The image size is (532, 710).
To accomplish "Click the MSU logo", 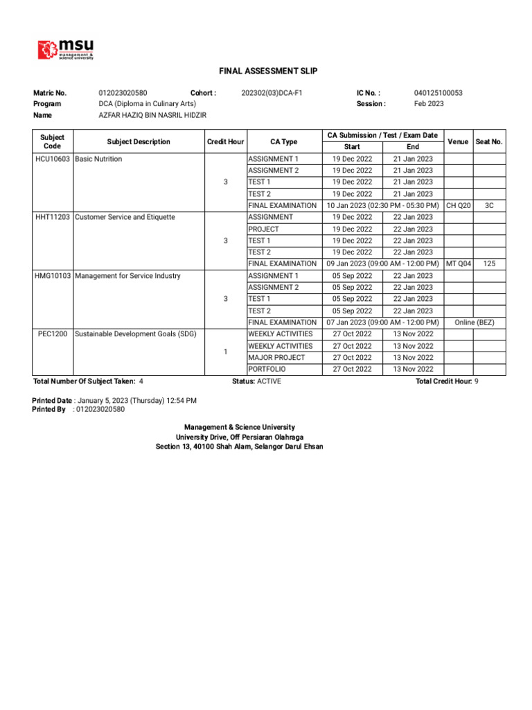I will (x=66, y=49).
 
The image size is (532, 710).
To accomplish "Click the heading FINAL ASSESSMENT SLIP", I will (x=268, y=71).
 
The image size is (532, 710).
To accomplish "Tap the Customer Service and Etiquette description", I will (x=125, y=218).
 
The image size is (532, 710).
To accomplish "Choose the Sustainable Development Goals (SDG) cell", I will (x=136, y=334).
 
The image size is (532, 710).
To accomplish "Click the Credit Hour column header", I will (x=225, y=142).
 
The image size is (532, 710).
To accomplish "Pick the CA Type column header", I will (x=284, y=142).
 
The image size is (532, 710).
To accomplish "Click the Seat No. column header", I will (x=489, y=142).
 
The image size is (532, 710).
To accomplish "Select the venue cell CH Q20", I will (x=459, y=206).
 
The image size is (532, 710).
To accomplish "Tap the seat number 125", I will (x=489, y=264).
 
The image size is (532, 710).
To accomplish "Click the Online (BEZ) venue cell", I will (x=475, y=322).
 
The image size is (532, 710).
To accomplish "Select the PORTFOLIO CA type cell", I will (x=267, y=370).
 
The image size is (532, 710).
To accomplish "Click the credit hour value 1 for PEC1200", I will (x=225, y=352).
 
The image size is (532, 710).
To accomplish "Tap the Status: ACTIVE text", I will (x=256, y=381).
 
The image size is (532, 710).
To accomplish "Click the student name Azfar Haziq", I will (x=152, y=115).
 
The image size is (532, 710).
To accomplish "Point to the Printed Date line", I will (x=115, y=401).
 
